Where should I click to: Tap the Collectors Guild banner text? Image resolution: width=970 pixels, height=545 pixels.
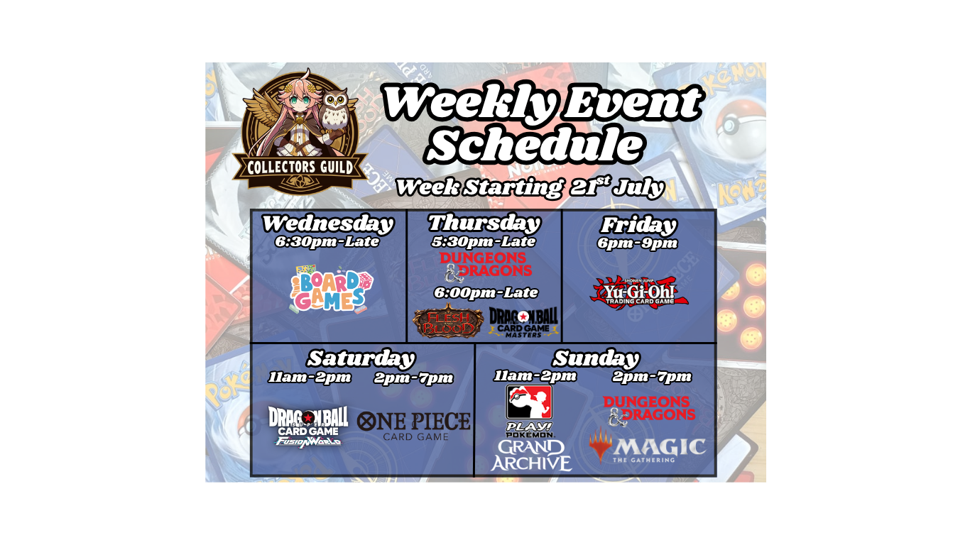[300, 167]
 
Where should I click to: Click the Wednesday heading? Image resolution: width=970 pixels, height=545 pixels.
[328, 224]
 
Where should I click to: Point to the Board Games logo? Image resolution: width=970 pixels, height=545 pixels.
[332, 289]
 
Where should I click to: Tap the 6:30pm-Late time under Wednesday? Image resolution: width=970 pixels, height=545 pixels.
[327, 241]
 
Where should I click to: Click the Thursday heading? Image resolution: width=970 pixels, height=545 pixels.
[484, 224]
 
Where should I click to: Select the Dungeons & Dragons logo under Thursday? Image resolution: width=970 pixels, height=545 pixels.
[486, 267]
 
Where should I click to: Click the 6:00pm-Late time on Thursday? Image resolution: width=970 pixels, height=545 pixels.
[486, 292]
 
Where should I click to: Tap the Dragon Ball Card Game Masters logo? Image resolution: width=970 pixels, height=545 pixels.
[523, 322]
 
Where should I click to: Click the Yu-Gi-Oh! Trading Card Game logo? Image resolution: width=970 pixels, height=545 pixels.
[639, 293]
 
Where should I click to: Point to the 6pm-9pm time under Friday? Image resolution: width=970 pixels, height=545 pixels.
[638, 243]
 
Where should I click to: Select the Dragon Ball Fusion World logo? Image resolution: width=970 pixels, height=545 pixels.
[308, 426]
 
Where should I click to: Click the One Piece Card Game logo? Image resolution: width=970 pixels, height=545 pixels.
[414, 426]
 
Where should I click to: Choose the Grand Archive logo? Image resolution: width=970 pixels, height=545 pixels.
[531, 456]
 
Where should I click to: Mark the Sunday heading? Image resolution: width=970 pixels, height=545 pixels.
[596, 358]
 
